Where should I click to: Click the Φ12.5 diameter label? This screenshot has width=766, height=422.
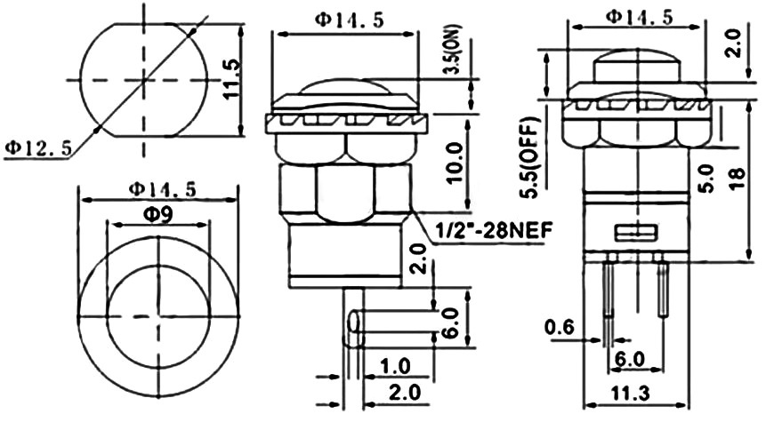click(x=37, y=147)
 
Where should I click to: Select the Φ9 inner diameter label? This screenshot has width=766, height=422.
click(x=157, y=215)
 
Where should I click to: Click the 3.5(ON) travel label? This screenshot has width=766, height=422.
click(x=452, y=49)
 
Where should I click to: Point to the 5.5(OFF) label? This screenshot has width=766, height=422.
click(x=529, y=157)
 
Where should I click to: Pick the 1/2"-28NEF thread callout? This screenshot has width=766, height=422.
click(x=494, y=229)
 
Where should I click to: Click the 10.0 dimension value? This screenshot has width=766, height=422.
click(x=454, y=163)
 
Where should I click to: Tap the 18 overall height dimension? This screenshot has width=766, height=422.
click(x=738, y=179)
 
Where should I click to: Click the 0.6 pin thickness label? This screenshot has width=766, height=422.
click(x=560, y=327)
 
